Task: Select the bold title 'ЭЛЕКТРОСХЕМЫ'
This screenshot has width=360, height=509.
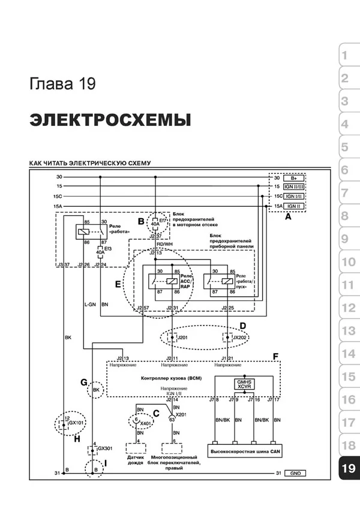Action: (x=110, y=120)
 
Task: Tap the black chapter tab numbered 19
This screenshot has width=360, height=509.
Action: (x=348, y=468)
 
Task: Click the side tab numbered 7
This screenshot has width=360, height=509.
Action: (x=344, y=193)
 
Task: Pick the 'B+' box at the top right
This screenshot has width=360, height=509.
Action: (x=293, y=178)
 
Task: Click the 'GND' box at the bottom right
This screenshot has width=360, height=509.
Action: (x=293, y=473)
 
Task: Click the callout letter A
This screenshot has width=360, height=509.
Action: (x=287, y=218)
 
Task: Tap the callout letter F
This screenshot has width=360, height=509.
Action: (x=275, y=357)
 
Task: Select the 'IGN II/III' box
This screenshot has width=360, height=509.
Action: (x=293, y=187)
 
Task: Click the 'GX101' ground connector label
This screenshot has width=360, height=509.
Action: (x=74, y=422)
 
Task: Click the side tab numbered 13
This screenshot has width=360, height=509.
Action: (x=348, y=331)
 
